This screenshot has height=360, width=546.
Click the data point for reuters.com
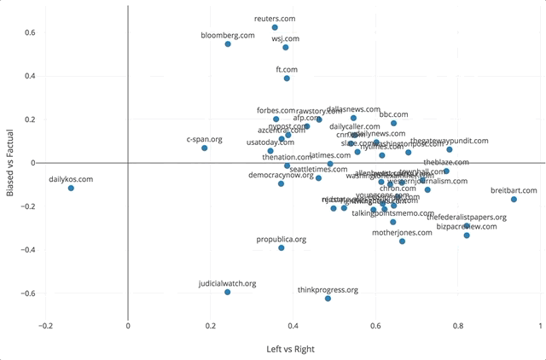[x=275, y=27]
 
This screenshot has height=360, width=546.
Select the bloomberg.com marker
[x=228, y=44]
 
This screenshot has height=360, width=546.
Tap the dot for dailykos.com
[x=71, y=188]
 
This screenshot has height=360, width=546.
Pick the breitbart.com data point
[x=514, y=200]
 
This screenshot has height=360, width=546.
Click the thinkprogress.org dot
[x=328, y=299]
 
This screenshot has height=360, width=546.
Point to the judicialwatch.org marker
[x=228, y=292]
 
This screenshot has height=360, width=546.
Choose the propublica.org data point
[x=282, y=247]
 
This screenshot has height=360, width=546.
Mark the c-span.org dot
[x=205, y=148]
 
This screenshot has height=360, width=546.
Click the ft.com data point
[x=287, y=78]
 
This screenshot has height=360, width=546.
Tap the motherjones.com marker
[x=403, y=241]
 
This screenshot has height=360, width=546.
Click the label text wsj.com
[x=286, y=38]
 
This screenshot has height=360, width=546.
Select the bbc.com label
[x=393, y=114]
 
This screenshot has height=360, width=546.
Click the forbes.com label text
[x=276, y=110]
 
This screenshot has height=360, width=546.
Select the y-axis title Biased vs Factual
[x=9, y=162]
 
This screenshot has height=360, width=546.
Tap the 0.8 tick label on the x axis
[x=458, y=325]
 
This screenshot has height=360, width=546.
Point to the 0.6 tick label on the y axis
[x=29, y=32]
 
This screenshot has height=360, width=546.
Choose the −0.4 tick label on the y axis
[x=26, y=250]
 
